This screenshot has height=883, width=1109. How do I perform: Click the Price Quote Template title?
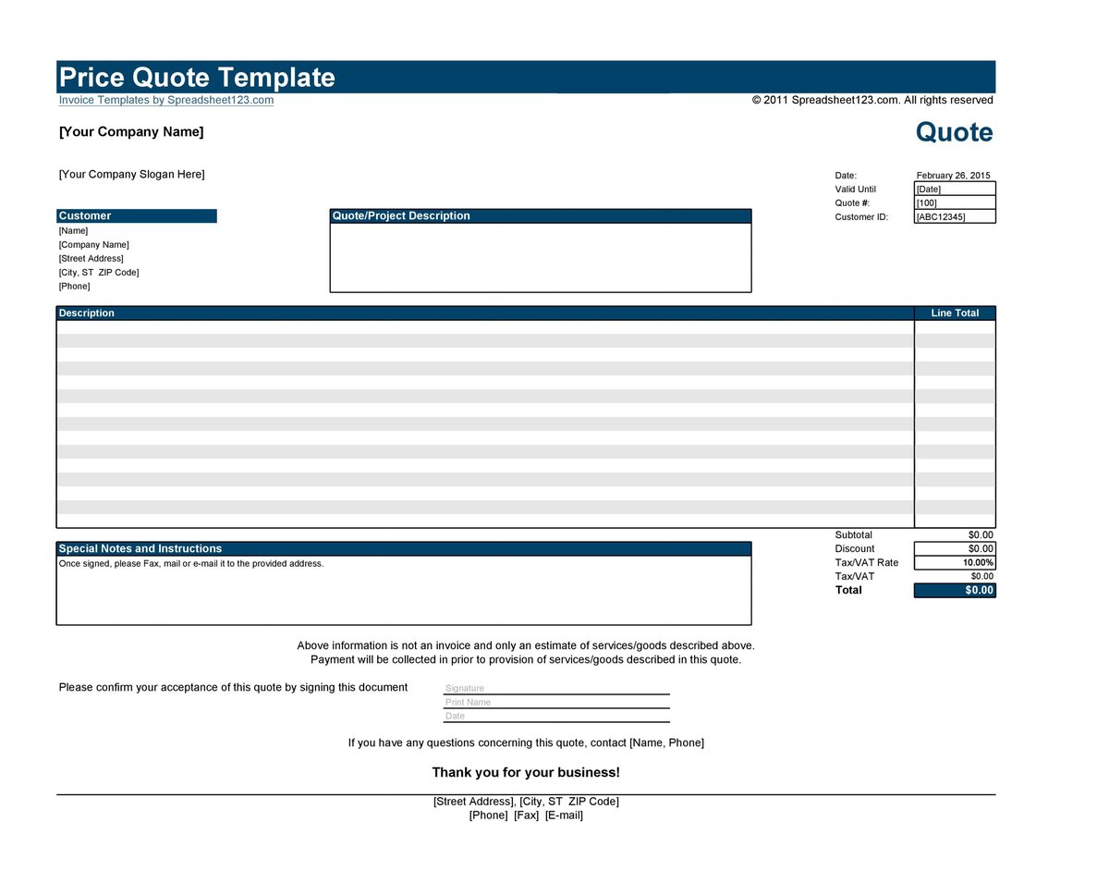click(x=197, y=78)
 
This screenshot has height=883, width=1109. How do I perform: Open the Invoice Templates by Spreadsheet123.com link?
click(x=166, y=100)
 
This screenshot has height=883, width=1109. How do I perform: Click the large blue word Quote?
click(x=954, y=132)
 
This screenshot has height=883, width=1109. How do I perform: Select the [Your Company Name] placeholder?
click(x=131, y=132)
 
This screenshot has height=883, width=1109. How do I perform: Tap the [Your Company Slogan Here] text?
click(x=132, y=175)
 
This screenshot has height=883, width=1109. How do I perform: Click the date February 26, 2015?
click(x=953, y=176)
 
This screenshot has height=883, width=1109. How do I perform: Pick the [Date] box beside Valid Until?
click(x=954, y=190)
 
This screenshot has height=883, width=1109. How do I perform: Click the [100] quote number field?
click(x=954, y=203)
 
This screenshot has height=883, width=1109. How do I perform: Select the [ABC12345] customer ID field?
click(x=954, y=217)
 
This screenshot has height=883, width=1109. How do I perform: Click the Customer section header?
click(x=85, y=216)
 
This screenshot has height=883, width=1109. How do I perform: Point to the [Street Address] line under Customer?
click(x=91, y=259)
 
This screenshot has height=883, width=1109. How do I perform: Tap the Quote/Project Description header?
click(x=401, y=216)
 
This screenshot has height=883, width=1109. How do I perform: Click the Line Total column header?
click(x=955, y=313)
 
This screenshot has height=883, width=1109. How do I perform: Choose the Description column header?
click(x=87, y=313)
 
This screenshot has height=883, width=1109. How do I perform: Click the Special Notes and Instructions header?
click(x=140, y=549)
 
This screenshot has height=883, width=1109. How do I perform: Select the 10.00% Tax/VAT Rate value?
click(x=978, y=563)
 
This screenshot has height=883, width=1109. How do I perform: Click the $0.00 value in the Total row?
click(x=979, y=591)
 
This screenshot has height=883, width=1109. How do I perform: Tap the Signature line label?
click(x=465, y=689)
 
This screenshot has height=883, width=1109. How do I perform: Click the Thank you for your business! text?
click(x=526, y=773)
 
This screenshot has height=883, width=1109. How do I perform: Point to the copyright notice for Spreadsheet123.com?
click(x=872, y=100)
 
